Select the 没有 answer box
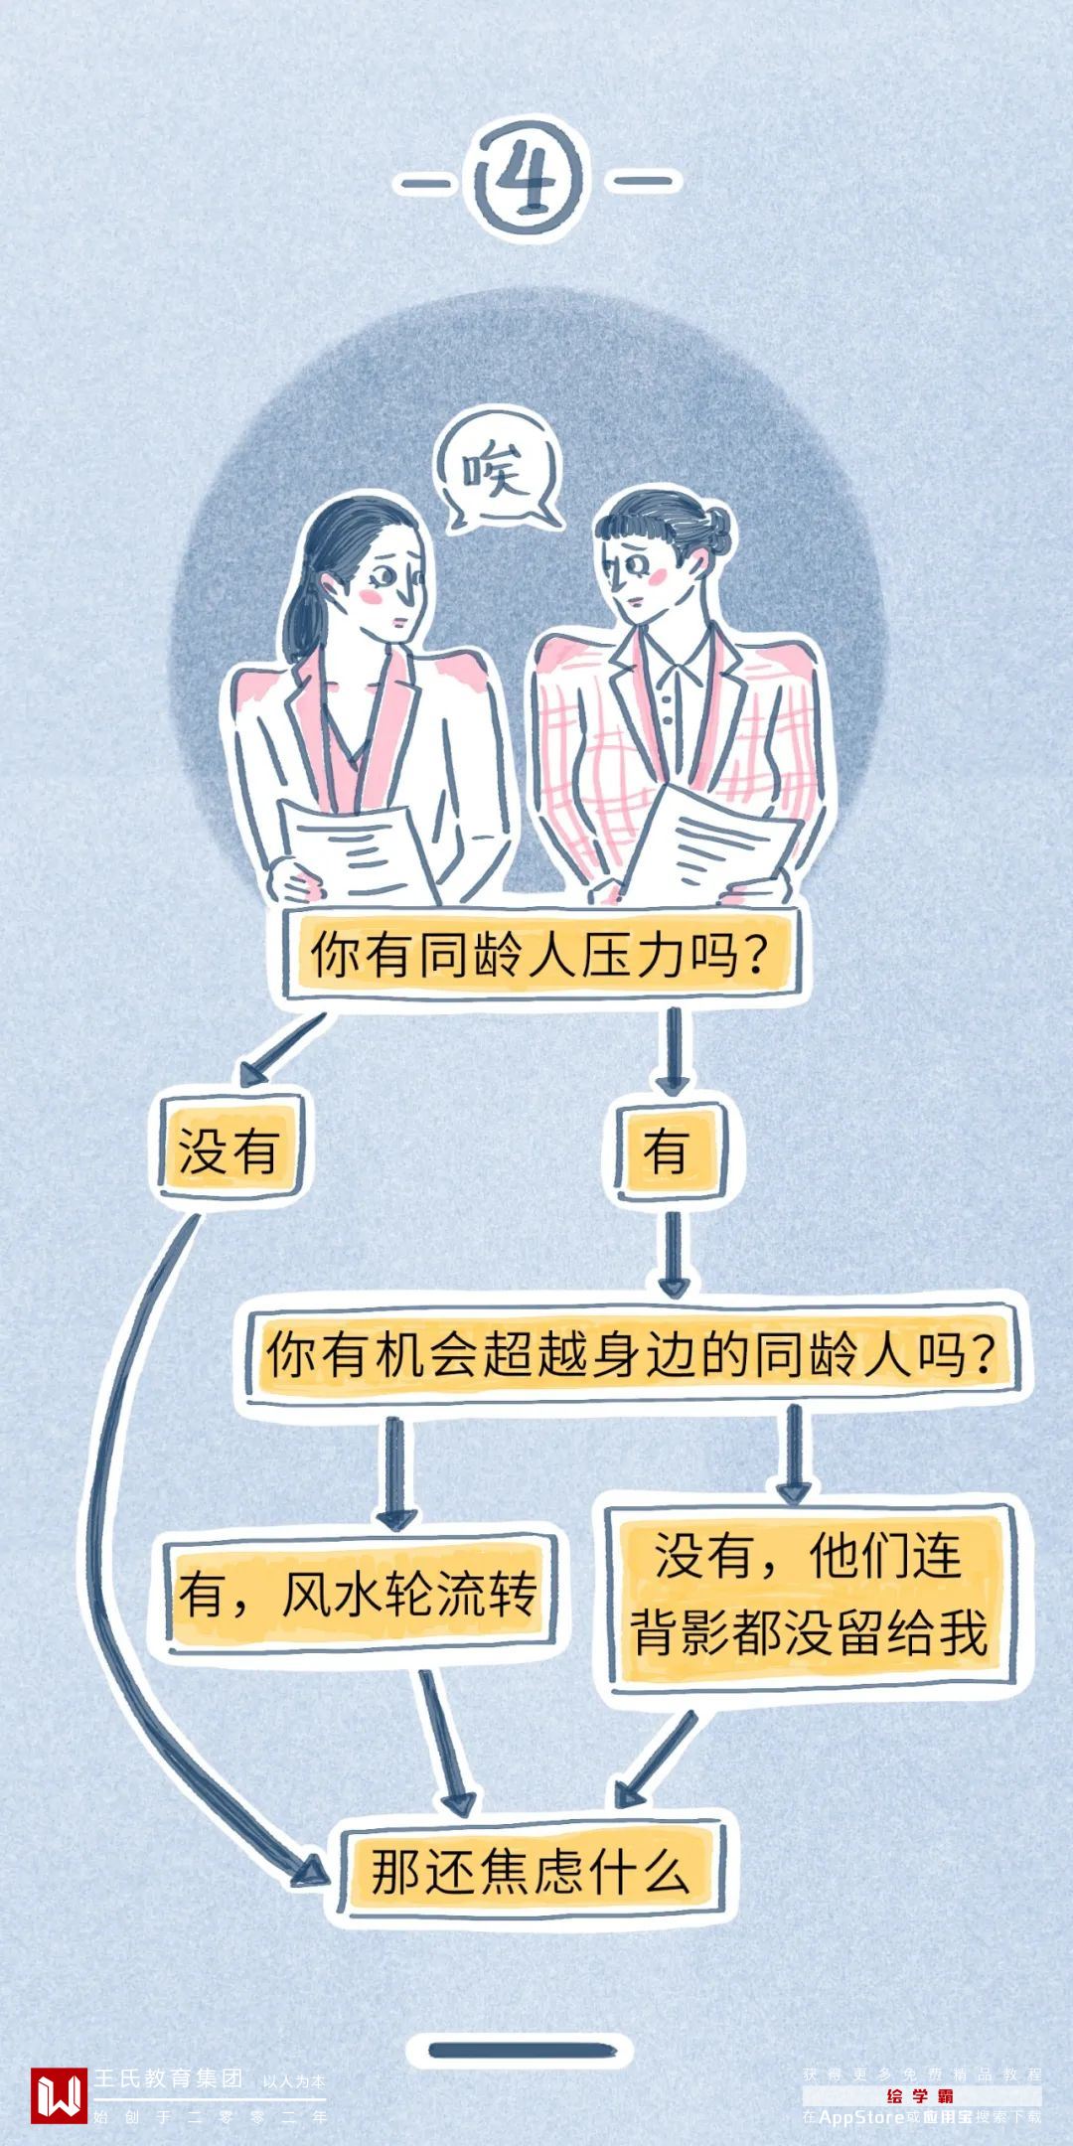point(229,1151)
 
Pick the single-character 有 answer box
point(668,1152)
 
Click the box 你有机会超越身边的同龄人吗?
point(632,1353)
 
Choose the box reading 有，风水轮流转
point(359,1593)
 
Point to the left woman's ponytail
point(298,616)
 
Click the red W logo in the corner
point(59,2094)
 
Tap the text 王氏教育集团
point(169,2077)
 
